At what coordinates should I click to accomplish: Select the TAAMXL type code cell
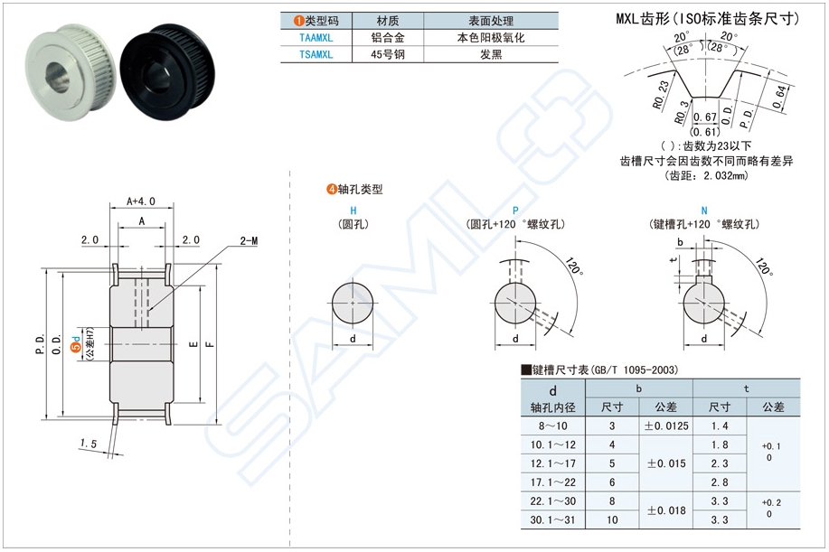coord(316,38)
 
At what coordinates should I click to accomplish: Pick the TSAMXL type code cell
coord(316,54)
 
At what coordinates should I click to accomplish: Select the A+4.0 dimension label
coord(142,201)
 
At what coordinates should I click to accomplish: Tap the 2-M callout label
coord(250,240)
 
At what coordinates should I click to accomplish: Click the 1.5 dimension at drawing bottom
coord(89,443)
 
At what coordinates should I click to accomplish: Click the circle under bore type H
coord(352,304)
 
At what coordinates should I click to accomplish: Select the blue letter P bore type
coord(515,210)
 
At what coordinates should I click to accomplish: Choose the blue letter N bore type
coord(703,210)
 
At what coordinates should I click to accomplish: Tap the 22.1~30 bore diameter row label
coord(553,501)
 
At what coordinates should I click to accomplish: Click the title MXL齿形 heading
coord(707,17)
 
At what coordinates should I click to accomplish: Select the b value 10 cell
coord(612,520)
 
